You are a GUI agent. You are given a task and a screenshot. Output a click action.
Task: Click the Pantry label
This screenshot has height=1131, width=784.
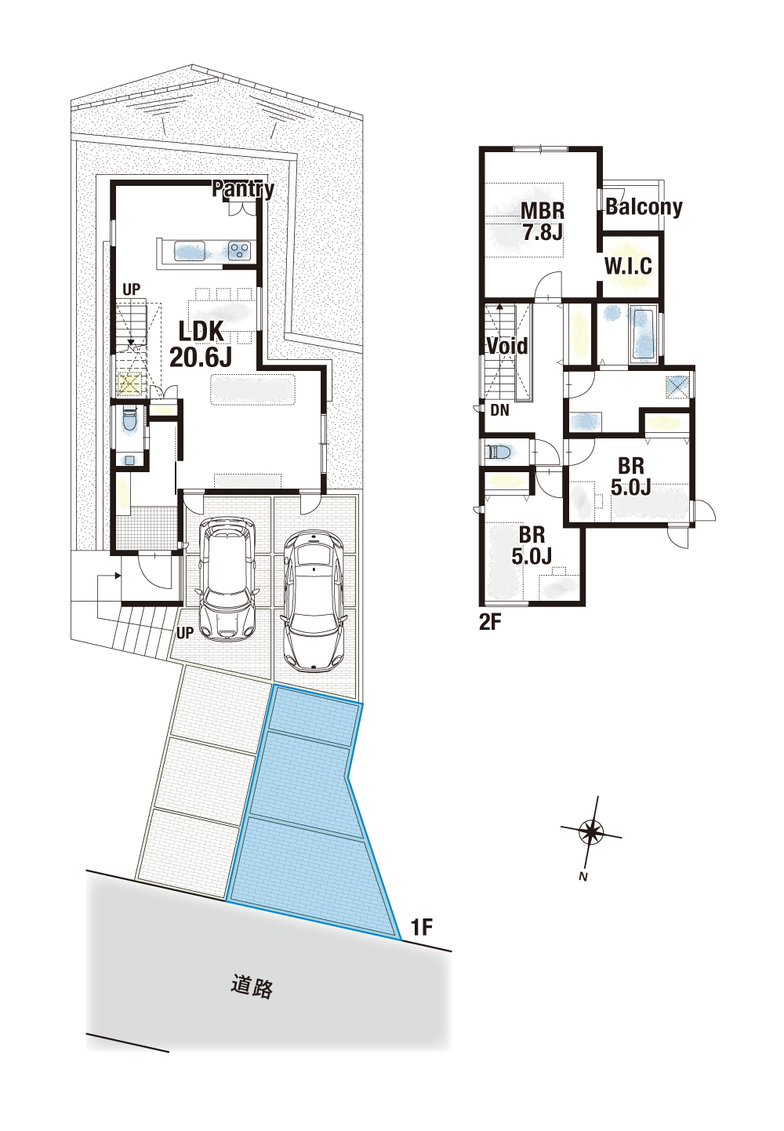(x=243, y=189)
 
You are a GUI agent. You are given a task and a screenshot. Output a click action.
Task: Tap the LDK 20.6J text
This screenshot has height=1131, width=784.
(x=201, y=345)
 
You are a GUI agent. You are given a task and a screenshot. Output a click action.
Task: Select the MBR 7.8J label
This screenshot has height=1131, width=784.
(x=543, y=221)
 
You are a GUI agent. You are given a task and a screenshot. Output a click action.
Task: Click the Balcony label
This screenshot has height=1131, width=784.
(x=644, y=207)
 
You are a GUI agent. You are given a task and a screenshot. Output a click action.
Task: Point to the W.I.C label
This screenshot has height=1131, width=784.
(x=629, y=266)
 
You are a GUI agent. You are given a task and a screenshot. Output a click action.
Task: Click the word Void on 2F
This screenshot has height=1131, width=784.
(x=506, y=347)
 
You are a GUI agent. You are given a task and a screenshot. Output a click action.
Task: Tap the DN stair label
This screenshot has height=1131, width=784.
(x=499, y=410)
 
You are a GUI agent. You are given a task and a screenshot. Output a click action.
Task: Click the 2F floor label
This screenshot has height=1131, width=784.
(x=490, y=623)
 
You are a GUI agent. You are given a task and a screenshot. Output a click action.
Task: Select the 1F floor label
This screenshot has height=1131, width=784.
(x=422, y=927)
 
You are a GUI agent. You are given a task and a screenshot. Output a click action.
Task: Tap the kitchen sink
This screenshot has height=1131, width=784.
(x=189, y=251)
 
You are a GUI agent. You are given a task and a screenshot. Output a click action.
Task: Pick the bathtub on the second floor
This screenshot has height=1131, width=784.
(x=642, y=335)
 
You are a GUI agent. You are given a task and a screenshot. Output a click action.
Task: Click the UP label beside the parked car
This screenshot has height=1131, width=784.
(x=185, y=633)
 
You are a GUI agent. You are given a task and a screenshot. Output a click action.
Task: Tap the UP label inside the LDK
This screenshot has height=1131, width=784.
(x=131, y=289)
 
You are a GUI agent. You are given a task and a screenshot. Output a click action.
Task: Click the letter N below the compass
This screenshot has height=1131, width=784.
(x=583, y=877)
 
